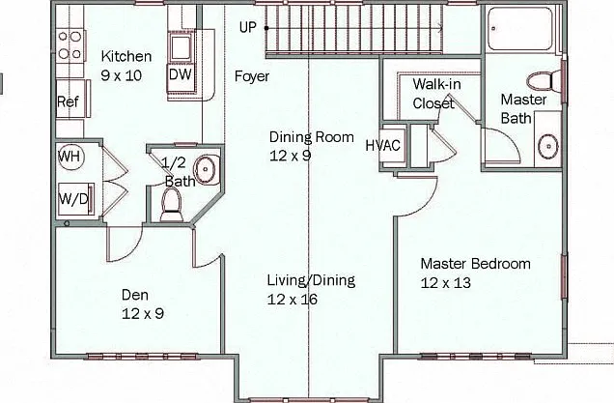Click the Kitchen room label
[x=126, y=56]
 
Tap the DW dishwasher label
[x=181, y=74]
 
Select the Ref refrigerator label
[x=68, y=101]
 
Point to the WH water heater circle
[x=70, y=157]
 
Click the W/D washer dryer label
[x=73, y=199]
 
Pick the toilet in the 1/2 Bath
[x=172, y=205]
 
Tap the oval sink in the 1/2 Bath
[x=206, y=170]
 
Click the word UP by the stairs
[x=248, y=27]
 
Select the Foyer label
[x=252, y=76]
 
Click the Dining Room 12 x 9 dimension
[x=291, y=156]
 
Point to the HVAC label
[x=383, y=145]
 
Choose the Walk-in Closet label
[x=435, y=94]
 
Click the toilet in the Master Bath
[x=544, y=81]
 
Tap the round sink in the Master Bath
[x=548, y=146]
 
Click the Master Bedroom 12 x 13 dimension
[x=446, y=282]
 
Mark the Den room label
[x=135, y=295]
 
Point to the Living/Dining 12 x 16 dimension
[x=293, y=300]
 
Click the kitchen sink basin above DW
[x=181, y=47]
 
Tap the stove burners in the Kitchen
[x=70, y=44]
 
